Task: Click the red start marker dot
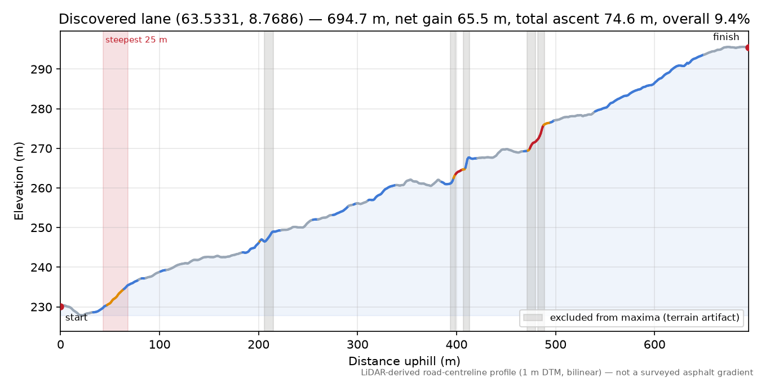[61, 306]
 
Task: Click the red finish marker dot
[748, 47]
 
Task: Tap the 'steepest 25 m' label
[136, 40]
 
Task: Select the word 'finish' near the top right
[725, 37]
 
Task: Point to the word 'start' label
[76, 317]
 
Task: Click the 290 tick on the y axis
[41, 69]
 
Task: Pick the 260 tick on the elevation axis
[41, 188]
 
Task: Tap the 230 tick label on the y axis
[41, 307]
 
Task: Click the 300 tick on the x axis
[357, 345]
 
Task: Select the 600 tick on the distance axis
[654, 345]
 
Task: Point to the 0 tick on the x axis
[60, 345]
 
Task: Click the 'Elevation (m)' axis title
[19, 181]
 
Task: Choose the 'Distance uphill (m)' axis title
[404, 361]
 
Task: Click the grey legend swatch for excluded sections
[533, 317]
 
